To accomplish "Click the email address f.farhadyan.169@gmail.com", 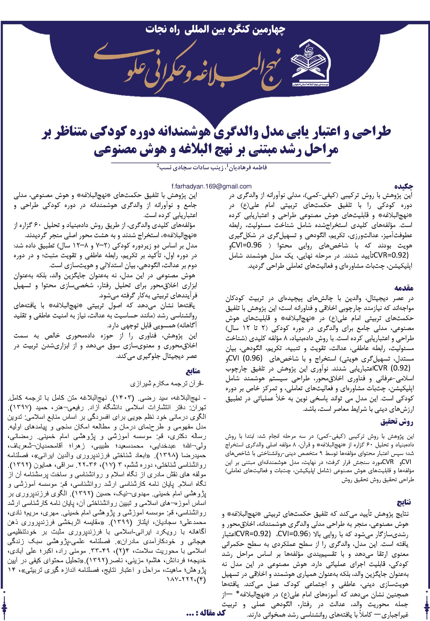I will (x=211, y=186).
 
